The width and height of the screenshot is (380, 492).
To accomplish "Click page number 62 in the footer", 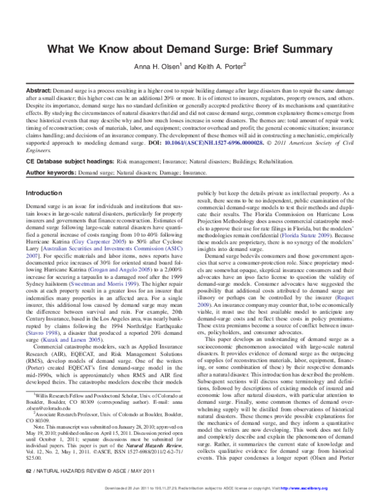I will tap(27, 472).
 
